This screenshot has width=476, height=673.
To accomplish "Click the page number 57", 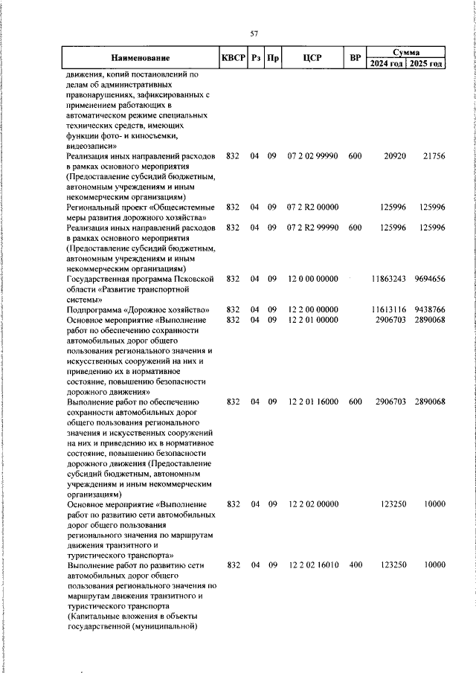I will pos(254,33).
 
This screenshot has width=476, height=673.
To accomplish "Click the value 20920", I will pos(394,157).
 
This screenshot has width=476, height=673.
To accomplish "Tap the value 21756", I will pos(432,157).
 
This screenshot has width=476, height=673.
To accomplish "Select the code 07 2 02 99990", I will pos(313,157).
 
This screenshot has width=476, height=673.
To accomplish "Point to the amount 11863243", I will pos(388,278).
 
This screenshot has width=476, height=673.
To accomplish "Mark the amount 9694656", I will pos(429,278).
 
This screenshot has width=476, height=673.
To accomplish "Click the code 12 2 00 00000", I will pos(313,309).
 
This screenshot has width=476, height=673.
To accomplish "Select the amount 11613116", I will pos(388,309).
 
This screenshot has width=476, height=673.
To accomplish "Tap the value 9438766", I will pos(429,309).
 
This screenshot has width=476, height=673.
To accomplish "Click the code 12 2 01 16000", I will pos(313,402).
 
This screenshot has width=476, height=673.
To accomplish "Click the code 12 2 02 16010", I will pos(313,565).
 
